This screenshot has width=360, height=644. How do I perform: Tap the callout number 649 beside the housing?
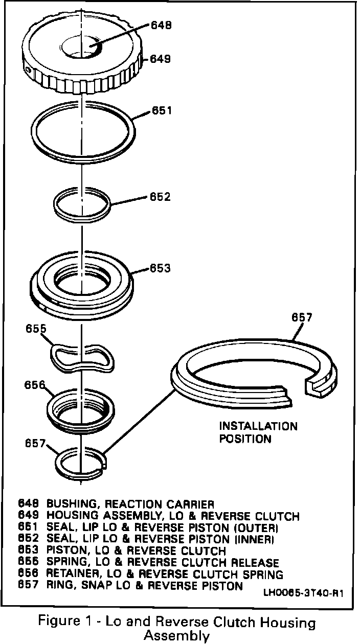[161, 59]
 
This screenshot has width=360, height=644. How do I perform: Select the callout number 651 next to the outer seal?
[162, 110]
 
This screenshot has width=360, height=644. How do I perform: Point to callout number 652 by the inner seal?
[160, 197]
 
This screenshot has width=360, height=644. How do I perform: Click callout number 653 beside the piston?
[160, 268]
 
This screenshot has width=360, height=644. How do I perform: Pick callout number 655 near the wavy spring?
[36, 330]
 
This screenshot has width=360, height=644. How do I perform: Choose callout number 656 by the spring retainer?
[34, 385]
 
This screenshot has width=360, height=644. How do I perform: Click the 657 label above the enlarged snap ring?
[302, 318]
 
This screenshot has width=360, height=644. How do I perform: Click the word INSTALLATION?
[258, 426]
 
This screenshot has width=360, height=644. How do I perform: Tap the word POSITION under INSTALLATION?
[245, 438]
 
